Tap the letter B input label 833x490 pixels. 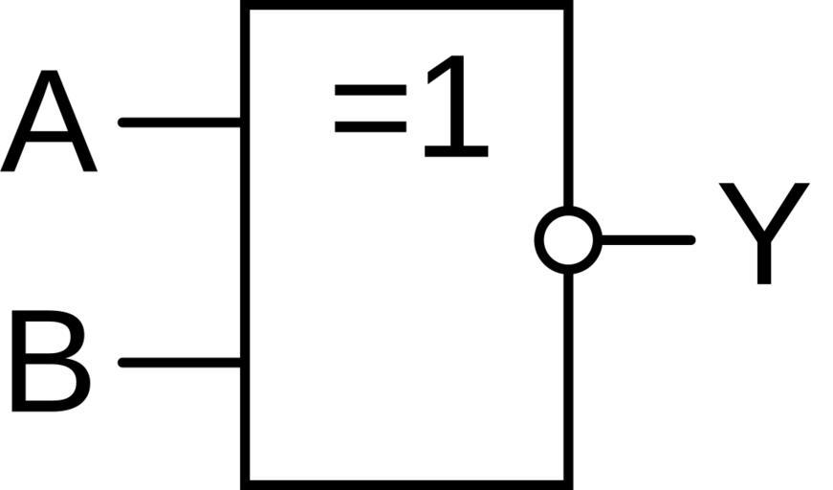50,362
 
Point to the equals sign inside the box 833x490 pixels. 369,108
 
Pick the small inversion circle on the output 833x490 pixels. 568,239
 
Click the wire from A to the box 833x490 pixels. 180,122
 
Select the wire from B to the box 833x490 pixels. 180,362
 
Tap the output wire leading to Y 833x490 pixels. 647,239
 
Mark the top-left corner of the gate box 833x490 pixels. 246,5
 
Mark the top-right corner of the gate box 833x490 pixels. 568,5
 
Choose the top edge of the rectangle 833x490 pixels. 406,5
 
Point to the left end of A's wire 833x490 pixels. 121,122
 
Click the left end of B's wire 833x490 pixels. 121,362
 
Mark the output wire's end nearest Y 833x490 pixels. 691,239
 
